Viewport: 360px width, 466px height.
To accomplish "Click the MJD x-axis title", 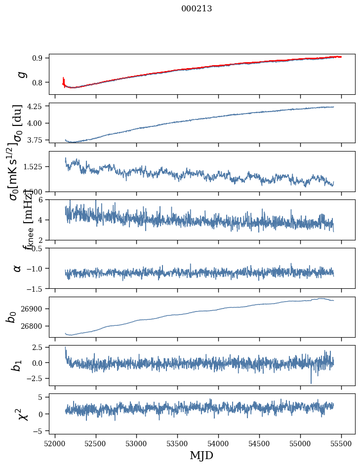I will click(201, 455).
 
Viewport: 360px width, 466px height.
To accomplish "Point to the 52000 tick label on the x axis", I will click(55, 444).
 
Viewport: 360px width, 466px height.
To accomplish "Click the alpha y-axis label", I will click(18, 268).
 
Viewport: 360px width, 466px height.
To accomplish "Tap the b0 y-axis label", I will click(11, 317).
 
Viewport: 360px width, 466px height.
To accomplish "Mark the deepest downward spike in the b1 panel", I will click(311, 383).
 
